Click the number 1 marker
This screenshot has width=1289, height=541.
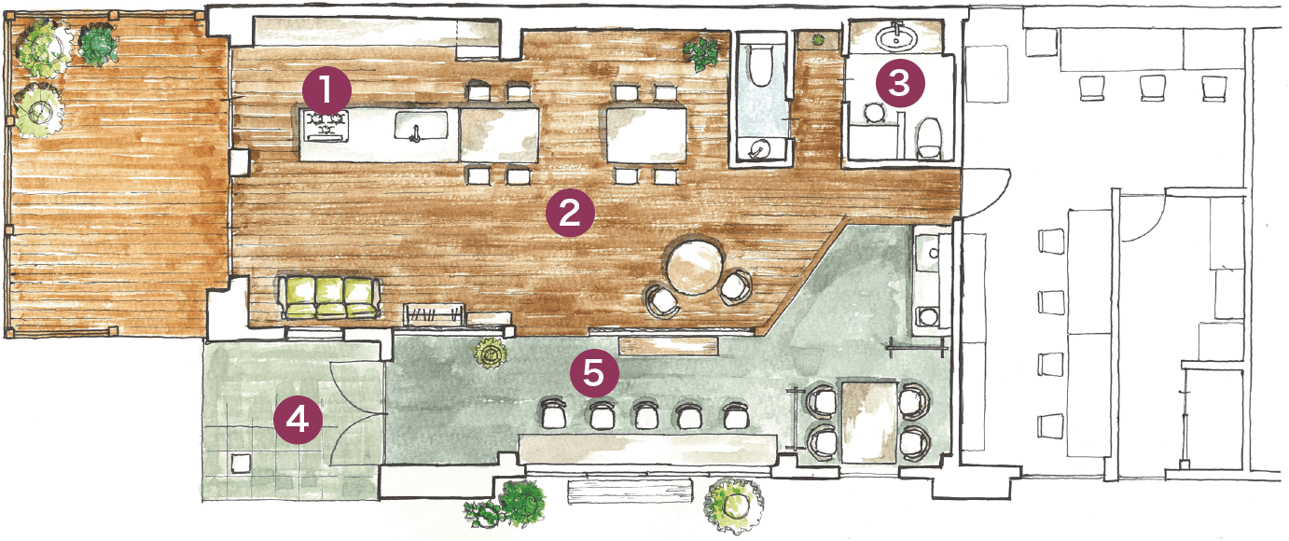point(326,90)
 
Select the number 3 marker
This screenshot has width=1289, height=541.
point(900,83)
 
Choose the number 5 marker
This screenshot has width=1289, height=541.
point(594,373)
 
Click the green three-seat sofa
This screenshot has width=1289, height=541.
point(329,297)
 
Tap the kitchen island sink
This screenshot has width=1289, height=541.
point(421,126)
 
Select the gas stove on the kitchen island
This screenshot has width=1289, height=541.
point(326,126)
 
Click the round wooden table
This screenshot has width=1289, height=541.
point(695,267)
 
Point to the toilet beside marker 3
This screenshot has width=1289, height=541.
point(928,137)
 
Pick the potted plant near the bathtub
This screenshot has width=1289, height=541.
point(700,53)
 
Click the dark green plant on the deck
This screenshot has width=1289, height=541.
point(98,45)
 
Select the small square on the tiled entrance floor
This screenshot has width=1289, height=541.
point(241,464)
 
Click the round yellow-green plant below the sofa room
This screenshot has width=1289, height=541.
point(491,353)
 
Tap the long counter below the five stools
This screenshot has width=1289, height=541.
point(646,449)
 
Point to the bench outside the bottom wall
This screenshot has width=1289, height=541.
point(631,491)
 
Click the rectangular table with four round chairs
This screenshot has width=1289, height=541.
point(869,422)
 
